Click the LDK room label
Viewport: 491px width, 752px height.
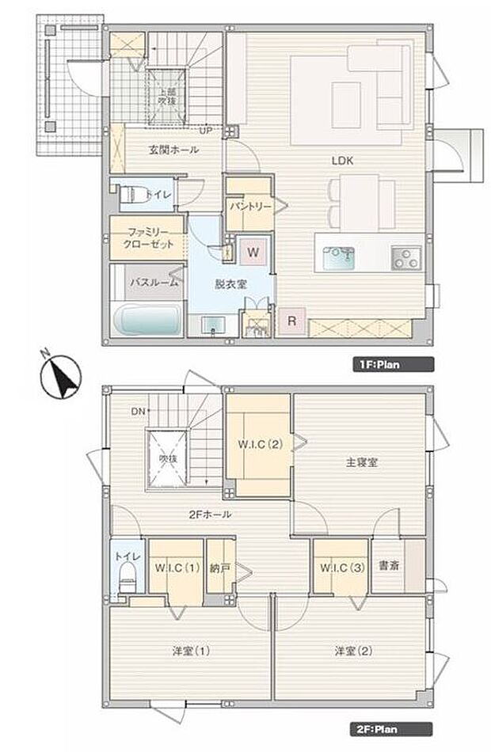tap(343, 160)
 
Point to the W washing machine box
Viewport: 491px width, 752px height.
tap(253, 253)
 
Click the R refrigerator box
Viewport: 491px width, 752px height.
tap(291, 321)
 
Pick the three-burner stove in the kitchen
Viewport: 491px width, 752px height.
tap(405, 256)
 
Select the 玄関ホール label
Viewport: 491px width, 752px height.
tap(173, 150)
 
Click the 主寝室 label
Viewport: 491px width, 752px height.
tap(361, 462)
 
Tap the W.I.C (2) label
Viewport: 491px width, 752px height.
tap(259, 444)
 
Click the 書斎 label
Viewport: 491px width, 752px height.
tap(388, 566)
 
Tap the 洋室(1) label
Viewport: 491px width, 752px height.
tap(192, 651)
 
